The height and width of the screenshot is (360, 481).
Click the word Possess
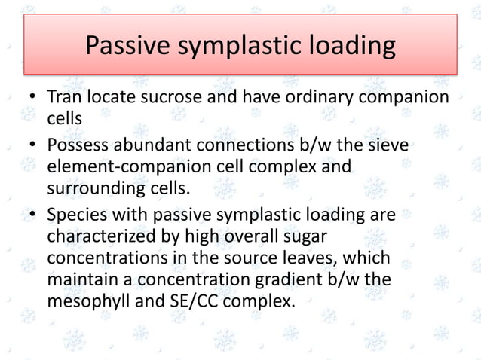[77, 143]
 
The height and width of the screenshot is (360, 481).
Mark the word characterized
[100, 236]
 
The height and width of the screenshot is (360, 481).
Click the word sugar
[306, 236]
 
